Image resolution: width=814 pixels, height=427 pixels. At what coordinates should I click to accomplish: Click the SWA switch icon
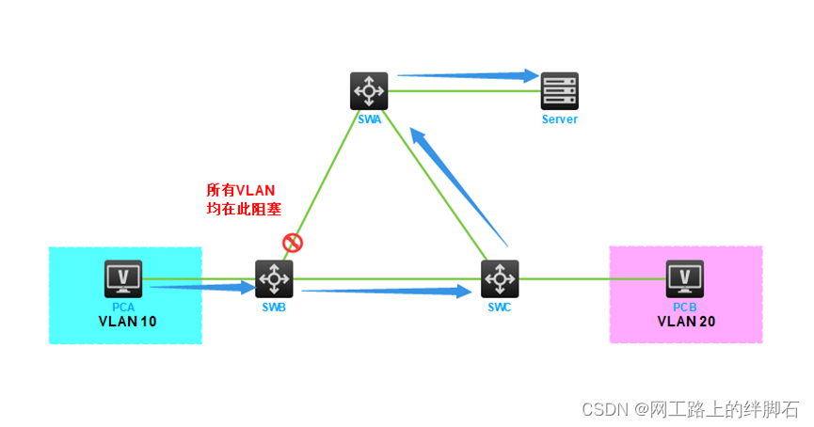367,91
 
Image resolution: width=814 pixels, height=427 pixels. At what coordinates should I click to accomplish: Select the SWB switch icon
274,279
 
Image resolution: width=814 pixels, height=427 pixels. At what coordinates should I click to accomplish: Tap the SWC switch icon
500,279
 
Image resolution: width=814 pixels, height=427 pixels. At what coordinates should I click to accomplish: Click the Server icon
559,91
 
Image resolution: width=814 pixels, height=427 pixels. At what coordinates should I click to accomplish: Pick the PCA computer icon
123,279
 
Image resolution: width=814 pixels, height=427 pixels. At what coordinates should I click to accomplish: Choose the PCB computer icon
685,279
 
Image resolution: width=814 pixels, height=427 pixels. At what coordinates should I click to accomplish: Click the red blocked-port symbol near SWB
293,244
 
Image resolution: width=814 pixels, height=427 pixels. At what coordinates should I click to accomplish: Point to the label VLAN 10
127,322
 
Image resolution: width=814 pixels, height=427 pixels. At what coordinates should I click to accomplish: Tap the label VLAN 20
686,322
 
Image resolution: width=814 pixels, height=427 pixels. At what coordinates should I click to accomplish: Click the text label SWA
370,120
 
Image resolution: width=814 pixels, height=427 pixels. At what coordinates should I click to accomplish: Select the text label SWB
274,308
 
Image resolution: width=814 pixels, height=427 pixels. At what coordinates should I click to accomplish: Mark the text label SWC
500,308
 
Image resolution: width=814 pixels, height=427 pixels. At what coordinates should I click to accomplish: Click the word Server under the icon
559,120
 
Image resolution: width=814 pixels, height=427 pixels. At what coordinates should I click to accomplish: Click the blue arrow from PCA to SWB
202,285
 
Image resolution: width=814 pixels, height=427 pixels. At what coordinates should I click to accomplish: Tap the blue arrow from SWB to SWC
386,293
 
